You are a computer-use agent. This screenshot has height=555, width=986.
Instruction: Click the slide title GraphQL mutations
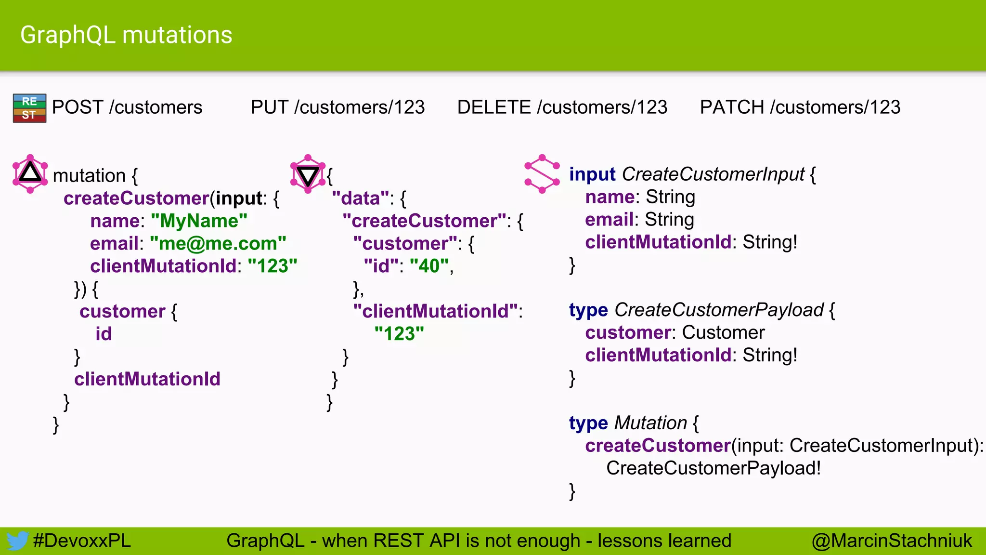pyautogui.click(x=126, y=35)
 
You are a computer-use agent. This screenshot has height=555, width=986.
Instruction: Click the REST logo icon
pyautogui.click(x=29, y=108)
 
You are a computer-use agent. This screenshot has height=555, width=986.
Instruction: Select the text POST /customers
pyautogui.click(x=127, y=107)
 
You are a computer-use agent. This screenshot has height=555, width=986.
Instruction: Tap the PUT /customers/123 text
pyautogui.click(x=337, y=107)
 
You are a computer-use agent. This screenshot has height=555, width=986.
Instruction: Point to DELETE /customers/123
pyautogui.click(x=562, y=107)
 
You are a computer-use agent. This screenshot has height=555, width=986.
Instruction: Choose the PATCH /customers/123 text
pyautogui.click(x=800, y=107)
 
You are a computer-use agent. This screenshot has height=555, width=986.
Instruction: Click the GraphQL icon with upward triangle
pyautogui.click(x=30, y=174)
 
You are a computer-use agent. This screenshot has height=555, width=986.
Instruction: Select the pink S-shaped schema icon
pyautogui.click(x=542, y=174)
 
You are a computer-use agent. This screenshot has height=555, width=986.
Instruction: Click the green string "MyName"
pyautogui.click(x=199, y=221)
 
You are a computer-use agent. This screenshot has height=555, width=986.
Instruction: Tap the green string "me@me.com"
pyautogui.click(x=218, y=243)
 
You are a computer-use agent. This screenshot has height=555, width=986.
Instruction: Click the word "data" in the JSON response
pyautogui.click(x=360, y=198)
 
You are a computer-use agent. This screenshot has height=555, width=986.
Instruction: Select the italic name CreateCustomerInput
pyautogui.click(x=713, y=174)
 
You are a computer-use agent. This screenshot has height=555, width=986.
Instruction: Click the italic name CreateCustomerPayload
pyautogui.click(x=719, y=310)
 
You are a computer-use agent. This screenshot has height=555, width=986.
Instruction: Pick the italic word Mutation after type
pyautogui.click(x=650, y=423)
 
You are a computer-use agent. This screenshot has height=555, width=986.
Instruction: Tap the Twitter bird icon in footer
pyautogui.click(x=17, y=541)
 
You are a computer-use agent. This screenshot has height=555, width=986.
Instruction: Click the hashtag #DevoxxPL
pyautogui.click(x=82, y=541)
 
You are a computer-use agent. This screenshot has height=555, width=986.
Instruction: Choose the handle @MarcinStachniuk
pyautogui.click(x=892, y=541)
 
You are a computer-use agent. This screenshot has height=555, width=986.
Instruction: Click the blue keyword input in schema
pyautogui.click(x=592, y=174)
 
